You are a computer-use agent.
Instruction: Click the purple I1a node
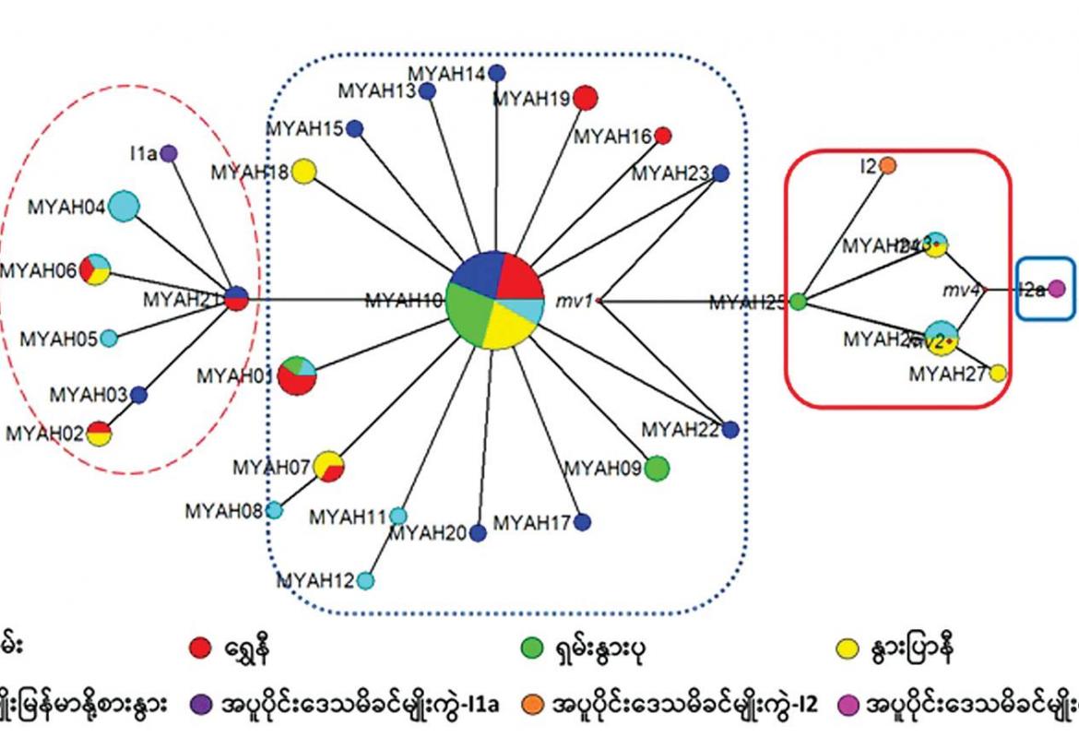click(x=169, y=154)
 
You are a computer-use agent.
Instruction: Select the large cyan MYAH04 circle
click(x=123, y=206)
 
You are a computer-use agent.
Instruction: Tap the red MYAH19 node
click(x=585, y=97)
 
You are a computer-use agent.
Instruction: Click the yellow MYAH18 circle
click(x=305, y=172)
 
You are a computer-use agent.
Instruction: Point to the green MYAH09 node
click(x=656, y=469)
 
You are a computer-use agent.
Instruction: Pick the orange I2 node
click(x=888, y=166)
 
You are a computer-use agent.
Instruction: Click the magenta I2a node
click(x=1057, y=289)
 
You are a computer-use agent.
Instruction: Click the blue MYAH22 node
click(x=730, y=429)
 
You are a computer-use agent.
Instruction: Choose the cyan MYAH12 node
click(x=365, y=580)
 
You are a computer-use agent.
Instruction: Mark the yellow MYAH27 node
click(x=997, y=374)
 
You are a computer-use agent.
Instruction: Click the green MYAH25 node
click(x=799, y=301)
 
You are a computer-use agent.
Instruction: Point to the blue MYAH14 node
click(x=497, y=73)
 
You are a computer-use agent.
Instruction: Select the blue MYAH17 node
click(x=582, y=523)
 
